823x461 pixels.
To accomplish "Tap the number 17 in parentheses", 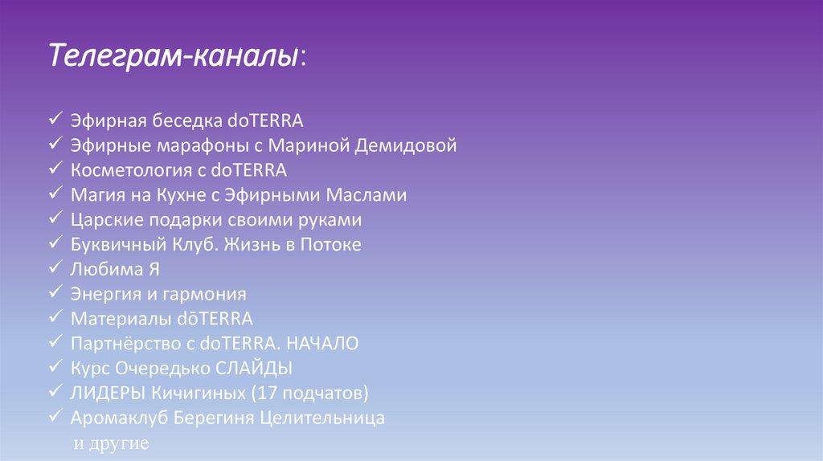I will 268,394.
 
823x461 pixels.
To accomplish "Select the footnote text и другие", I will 111,443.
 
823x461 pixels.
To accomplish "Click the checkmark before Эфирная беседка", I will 55,120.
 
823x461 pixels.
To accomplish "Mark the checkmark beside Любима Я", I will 55,267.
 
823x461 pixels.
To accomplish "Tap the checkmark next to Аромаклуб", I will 55,417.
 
